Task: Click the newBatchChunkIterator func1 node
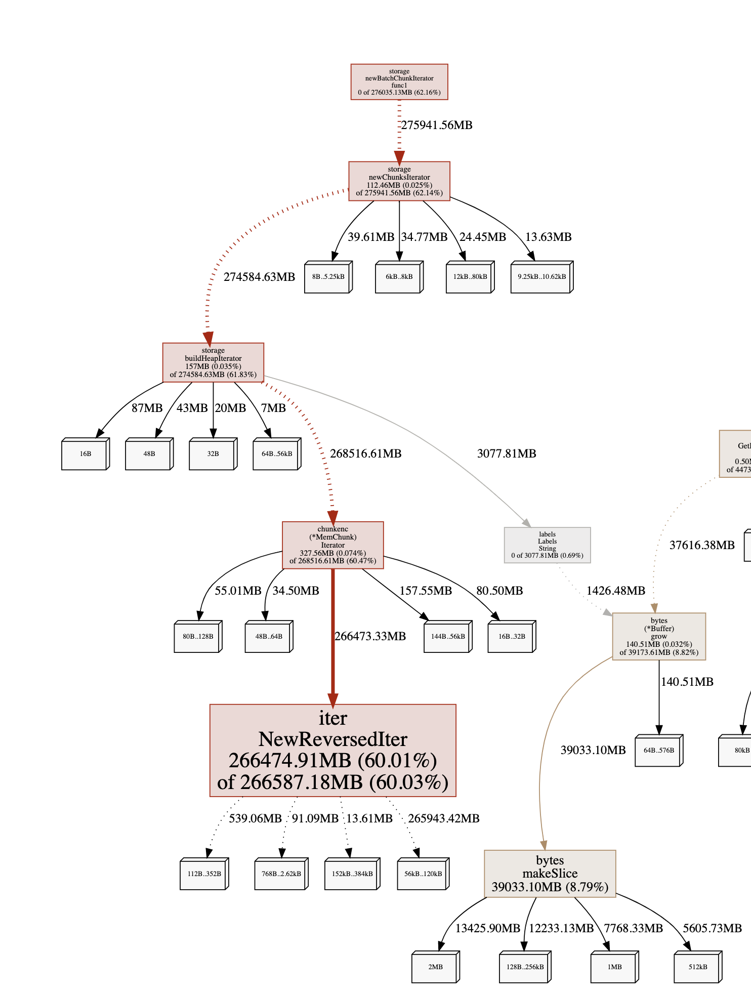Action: (399, 82)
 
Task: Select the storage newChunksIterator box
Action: (399, 181)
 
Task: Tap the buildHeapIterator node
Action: (213, 362)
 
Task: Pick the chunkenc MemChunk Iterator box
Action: (332, 545)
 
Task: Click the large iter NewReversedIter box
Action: (332, 750)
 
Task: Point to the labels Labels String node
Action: (547, 545)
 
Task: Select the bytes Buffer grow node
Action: (658, 636)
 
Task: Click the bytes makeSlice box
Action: (550, 874)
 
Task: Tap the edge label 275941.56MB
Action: (436, 125)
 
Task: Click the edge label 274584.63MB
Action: (259, 277)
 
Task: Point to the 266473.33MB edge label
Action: (370, 636)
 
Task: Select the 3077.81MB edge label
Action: (506, 453)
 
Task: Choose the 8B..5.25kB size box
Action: (328, 277)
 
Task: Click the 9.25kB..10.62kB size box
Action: (541, 277)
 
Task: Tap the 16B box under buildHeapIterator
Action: (85, 454)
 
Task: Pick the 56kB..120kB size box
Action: (423, 874)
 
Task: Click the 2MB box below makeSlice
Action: (435, 967)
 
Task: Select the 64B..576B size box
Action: (658, 751)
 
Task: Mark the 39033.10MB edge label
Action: (593, 750)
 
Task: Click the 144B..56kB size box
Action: (447, 637)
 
